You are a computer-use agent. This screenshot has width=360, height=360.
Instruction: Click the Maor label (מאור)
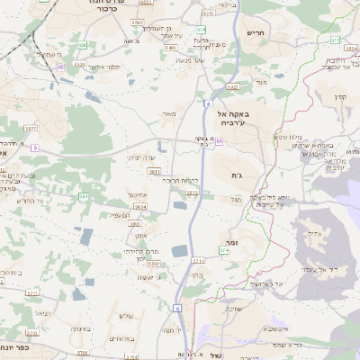pyautogui.click(x=170, y=114)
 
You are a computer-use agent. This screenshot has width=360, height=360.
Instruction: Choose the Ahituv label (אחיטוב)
pyautogui.click(x=137, y=194)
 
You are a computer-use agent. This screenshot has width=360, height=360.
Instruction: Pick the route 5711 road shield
pyautogui.click(x=33, y=292)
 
